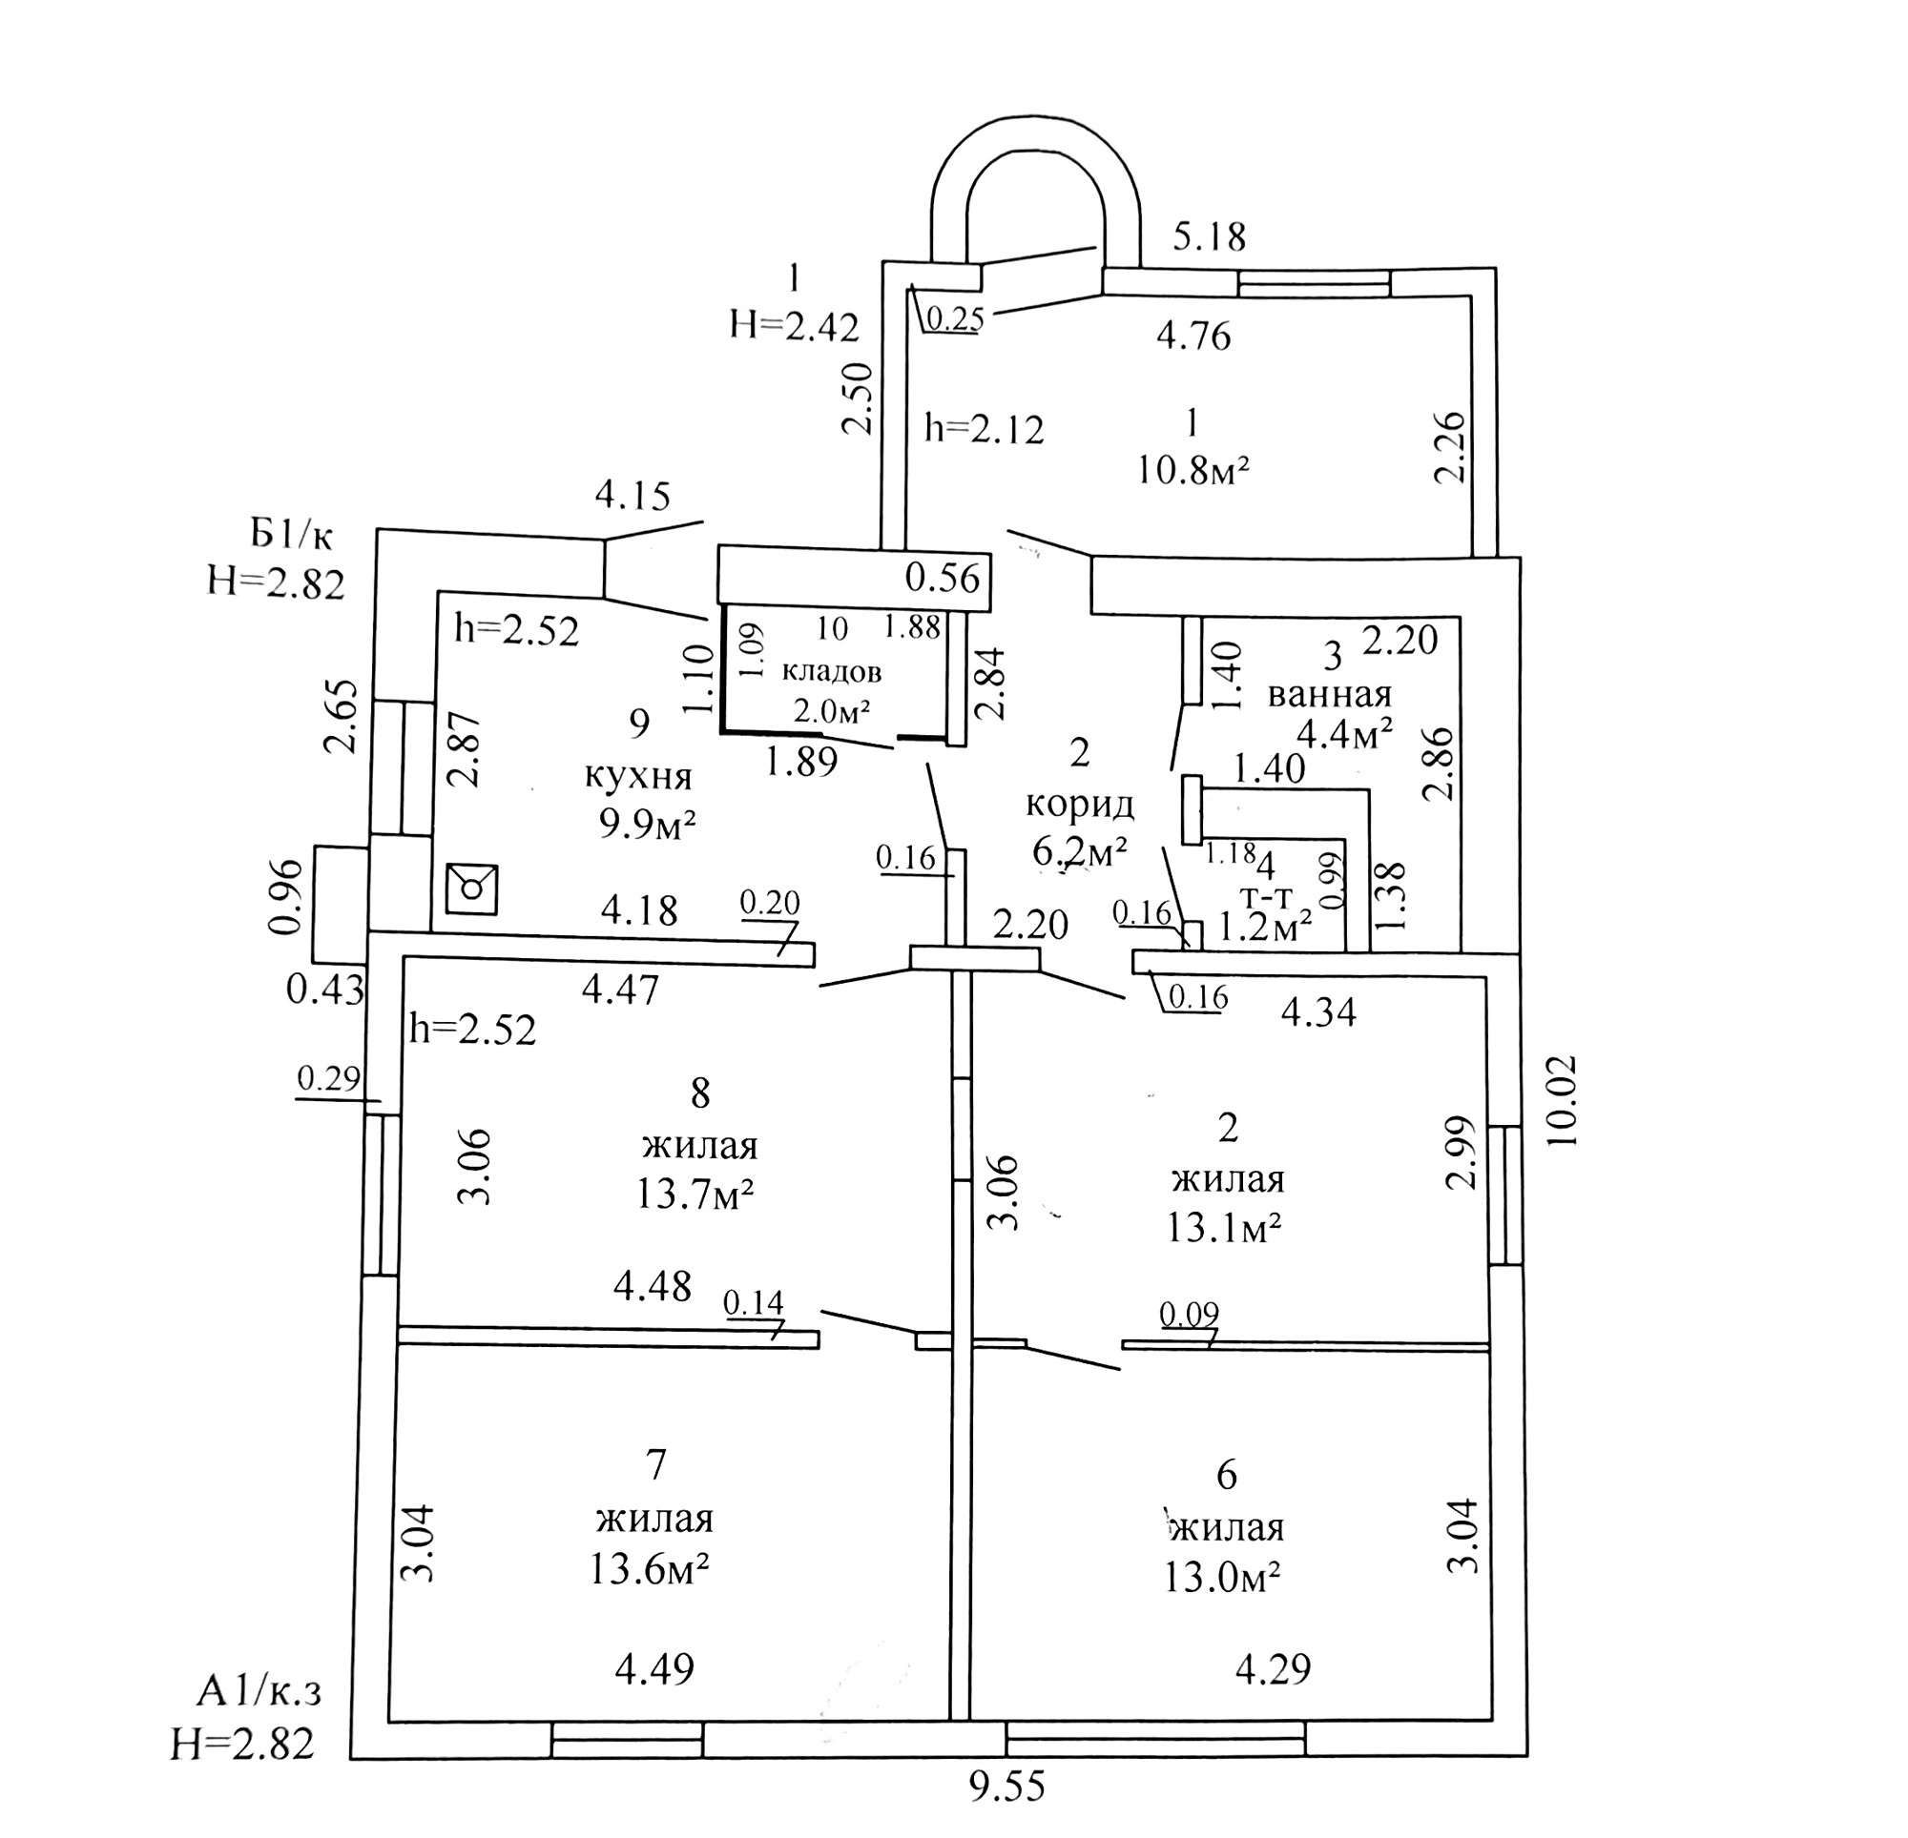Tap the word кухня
637,777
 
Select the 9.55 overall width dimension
1007,1787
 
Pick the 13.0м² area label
1222,1577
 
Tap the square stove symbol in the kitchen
472,888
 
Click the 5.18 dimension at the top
1208,236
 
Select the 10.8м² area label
1192,471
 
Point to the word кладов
832,671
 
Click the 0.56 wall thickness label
942,578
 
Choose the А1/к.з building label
259,1693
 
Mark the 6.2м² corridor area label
1080,851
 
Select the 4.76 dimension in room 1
1193,336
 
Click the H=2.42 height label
795,327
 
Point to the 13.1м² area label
1224,1230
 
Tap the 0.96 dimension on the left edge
284,895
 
